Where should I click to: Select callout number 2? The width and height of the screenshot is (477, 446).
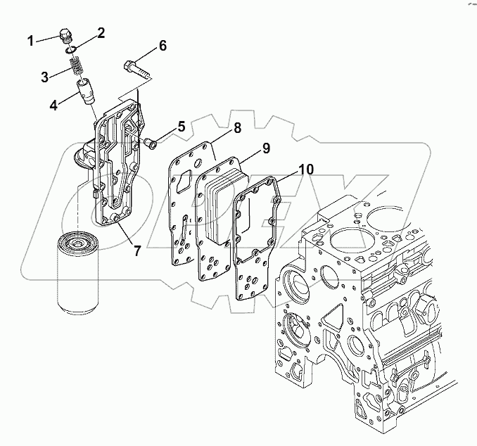click(101, 32)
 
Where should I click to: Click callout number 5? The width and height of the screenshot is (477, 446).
click(181, 127)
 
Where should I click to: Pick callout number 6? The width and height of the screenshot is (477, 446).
click(163, 46)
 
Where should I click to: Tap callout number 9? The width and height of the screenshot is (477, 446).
click(267, 148)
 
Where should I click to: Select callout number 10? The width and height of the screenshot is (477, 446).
click(307, 170)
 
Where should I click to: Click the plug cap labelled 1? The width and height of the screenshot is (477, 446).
click(67, 37)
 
